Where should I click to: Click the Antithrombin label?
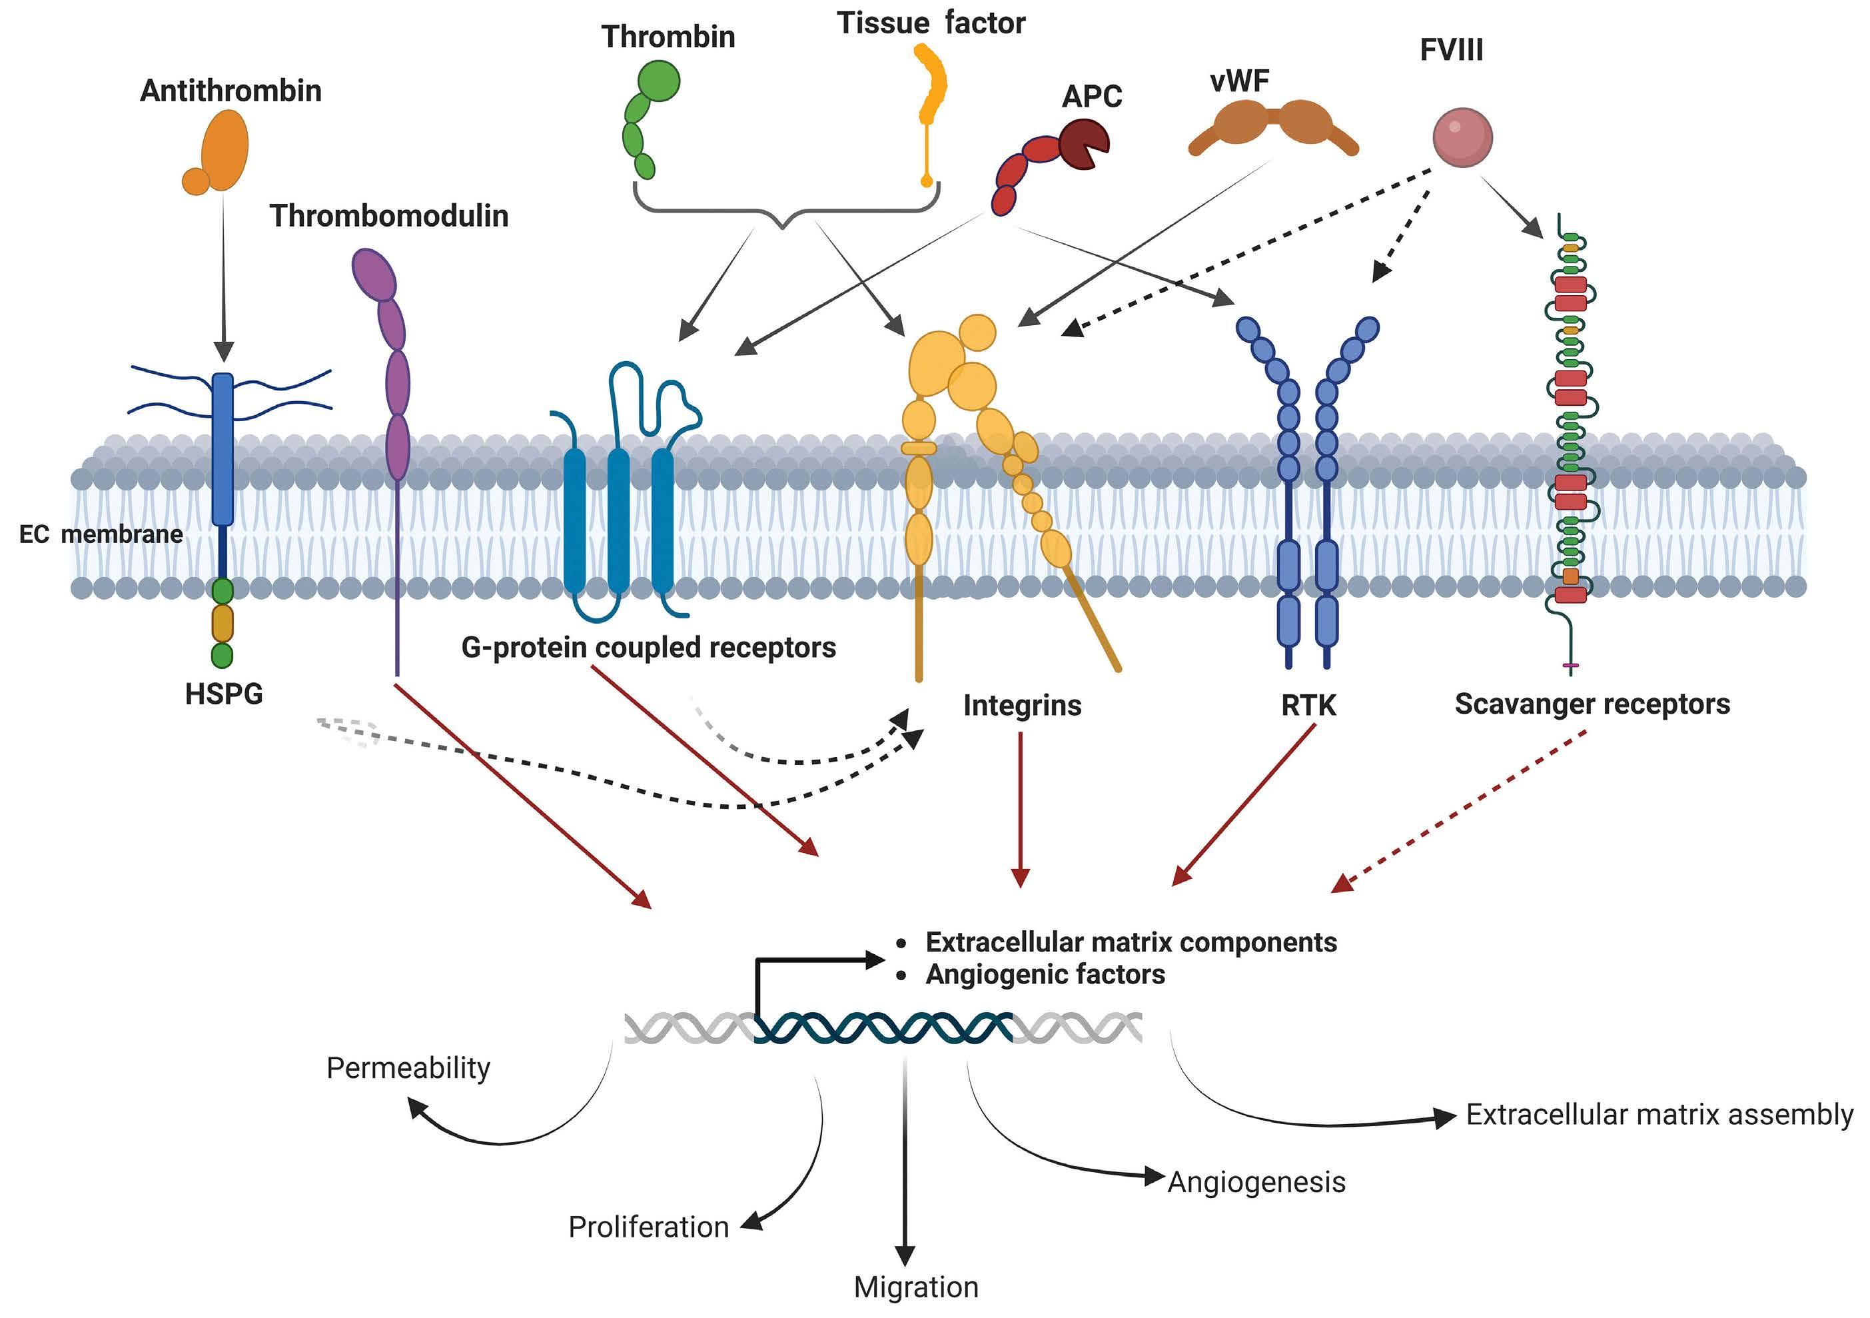coord(231,91)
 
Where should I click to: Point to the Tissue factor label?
coord(930,23)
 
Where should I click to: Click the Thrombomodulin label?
coord(388,216)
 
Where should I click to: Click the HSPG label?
coord(224,694)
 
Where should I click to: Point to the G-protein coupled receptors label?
coord(648,648)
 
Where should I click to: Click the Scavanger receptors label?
coord(1592,704)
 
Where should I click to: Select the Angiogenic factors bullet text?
coord(1045,974)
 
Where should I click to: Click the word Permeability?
coord(408,1068)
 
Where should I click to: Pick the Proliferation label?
coord(648,1227)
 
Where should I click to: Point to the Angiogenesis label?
coord(1256,1182)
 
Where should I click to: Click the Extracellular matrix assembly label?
coord(1659,1114)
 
